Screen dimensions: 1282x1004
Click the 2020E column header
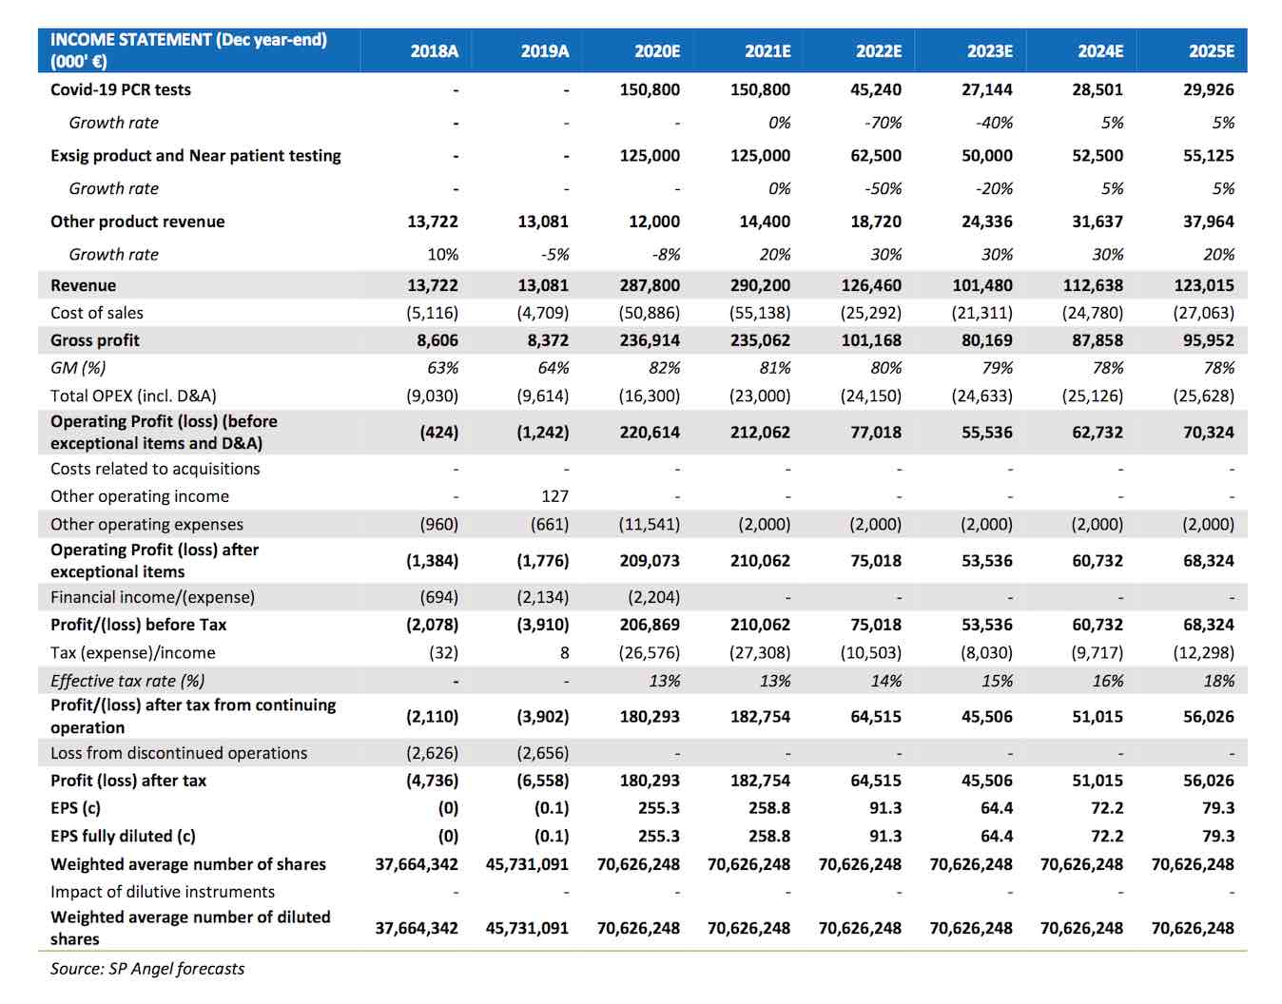[x=656, y=51]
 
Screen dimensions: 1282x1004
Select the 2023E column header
[x=989, y=51]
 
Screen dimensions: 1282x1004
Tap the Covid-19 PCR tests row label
[x=121, y=89]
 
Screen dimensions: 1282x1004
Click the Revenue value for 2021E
[x=761, y=285]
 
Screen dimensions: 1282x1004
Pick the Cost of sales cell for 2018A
[x=432, y=313]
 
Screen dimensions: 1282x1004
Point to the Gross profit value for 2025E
[x=1209, y=340]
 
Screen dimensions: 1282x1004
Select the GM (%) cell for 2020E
[x=665, y=368]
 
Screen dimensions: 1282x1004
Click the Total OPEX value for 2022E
[x=871, y=396]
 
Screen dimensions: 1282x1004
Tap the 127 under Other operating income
[x=555, y=496]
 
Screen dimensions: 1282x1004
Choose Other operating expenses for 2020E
[x=649, y=524]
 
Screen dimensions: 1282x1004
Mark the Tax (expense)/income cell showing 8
[x=565, y=652]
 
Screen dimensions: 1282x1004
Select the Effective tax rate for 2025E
[x=1219, y=681]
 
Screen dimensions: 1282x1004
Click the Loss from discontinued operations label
[x=179, y=753]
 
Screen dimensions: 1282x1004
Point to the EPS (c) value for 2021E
[x=769, y=808]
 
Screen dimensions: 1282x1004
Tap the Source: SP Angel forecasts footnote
[x=146, y=969]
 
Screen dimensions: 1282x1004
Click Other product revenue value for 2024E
[x=1097, y=222]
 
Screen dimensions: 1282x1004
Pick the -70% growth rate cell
[x=884, y=123]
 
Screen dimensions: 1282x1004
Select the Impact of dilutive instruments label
[x=163, y=892]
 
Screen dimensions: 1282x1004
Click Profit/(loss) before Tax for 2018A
[x=432, y=625]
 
